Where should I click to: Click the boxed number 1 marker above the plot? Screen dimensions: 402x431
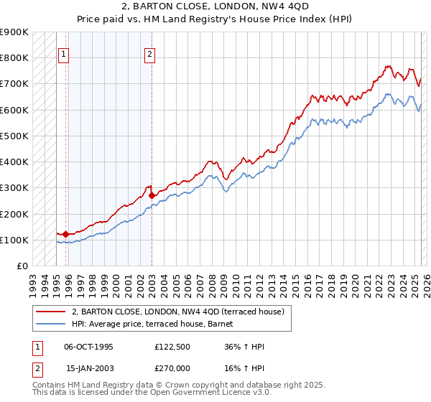[x=63, y=53]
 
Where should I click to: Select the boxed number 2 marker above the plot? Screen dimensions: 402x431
[x=149, y=53]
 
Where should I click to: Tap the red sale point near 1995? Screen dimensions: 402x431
[x=65, y=233]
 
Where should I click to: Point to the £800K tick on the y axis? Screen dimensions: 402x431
[x=16, y=58]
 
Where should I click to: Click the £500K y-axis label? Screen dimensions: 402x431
[x=16, y=136]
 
